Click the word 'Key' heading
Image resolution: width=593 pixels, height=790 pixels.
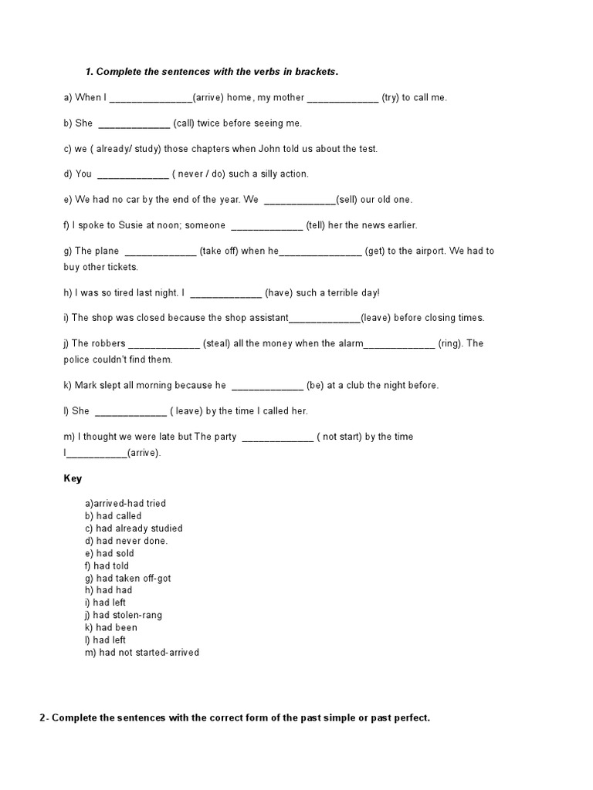click(73, 479)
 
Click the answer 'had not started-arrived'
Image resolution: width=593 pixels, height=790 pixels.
click(142, 653)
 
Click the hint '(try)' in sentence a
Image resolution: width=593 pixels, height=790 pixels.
click(390, 97)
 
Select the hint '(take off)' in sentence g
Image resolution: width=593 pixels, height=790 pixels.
click(219, 252)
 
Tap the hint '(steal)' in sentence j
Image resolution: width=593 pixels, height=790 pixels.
click(216, 344)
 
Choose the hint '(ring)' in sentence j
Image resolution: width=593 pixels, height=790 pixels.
click(449, 344)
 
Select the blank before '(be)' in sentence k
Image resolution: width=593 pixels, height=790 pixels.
click(267, 386)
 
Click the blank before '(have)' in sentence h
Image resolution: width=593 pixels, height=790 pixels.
click(225, 293)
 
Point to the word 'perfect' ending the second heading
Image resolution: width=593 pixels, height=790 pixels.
click(409, 718)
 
